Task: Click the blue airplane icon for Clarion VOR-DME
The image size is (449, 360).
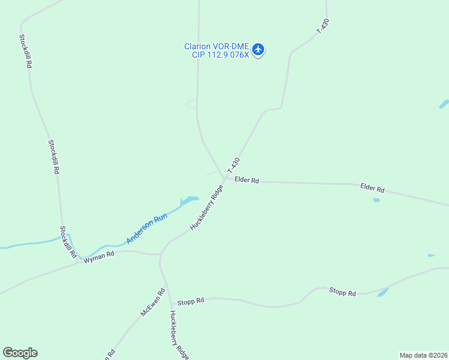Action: click(x=258, y=49)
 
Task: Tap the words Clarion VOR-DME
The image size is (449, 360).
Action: click(x=217, y=46)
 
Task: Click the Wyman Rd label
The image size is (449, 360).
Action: click(x=98, y=256)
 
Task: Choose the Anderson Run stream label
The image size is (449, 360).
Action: click(x=146, y=229)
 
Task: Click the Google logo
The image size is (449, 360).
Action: click(x=20, y=353)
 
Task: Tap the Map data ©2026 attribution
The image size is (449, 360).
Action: click(x=424, y=355)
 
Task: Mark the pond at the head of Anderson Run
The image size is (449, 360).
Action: click(x=189, y=200)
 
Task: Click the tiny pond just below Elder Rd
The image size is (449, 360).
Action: click(x=376, y=200)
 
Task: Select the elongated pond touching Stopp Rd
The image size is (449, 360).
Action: click(x=382, y=292)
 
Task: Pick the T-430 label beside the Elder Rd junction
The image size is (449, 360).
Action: click(x=234, y=166)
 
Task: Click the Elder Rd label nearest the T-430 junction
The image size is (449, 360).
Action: click(x=247, y=180)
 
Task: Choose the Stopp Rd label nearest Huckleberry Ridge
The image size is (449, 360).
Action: click(x=191, y=300)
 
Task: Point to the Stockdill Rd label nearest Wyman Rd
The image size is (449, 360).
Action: click(x=68, y=242)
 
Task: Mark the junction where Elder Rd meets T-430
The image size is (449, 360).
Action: click(x=225, y=178)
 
